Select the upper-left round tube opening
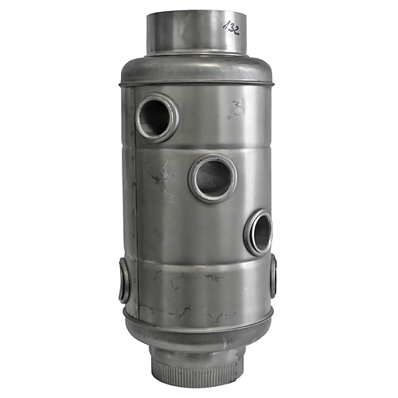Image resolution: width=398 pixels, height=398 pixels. point(156,119)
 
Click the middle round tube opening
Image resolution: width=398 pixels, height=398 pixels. point(212,178)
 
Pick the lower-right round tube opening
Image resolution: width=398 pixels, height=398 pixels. point(259,232)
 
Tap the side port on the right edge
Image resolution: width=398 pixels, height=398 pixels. point(273,275)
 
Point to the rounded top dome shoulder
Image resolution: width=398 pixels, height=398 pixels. point(199,68)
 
